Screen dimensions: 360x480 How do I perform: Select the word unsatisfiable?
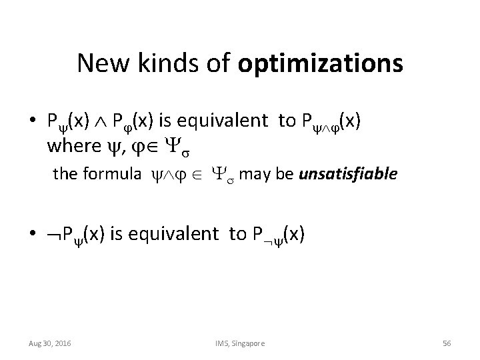[x=349, y=175]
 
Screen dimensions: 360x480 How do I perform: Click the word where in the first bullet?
[x=69, y=143]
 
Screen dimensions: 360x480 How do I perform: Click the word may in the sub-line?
[x=251, y=175]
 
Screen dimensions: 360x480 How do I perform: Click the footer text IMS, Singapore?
[x=240, y=343]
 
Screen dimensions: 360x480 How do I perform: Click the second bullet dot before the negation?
[x=32, y=234]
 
